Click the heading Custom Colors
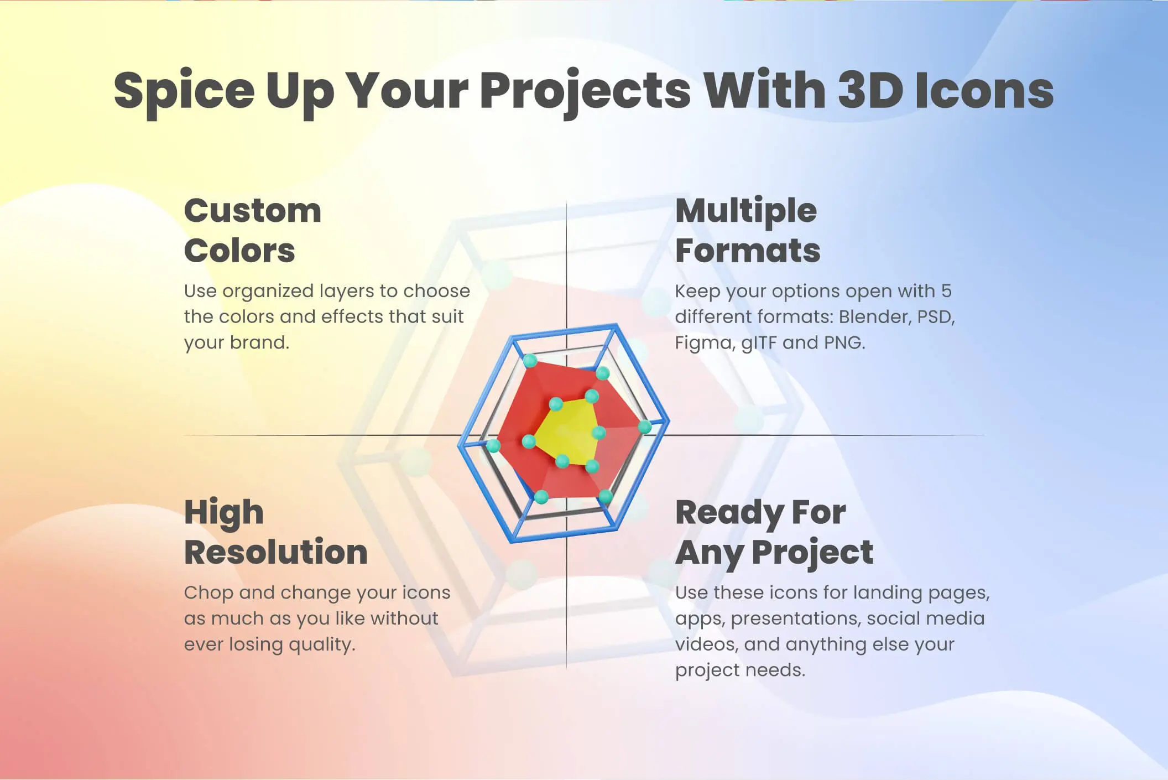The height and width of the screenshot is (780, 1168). tap(253, 230)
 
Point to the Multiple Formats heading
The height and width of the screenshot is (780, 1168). tap(748, 230)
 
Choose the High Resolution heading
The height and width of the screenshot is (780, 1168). tap(276, 532)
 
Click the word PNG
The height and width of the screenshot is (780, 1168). tap(844, 343)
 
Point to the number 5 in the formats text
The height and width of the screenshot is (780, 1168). tap(946, 291)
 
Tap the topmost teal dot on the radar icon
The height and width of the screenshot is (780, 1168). tap(530, 361)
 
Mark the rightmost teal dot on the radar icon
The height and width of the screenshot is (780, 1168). tap(645, 427)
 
